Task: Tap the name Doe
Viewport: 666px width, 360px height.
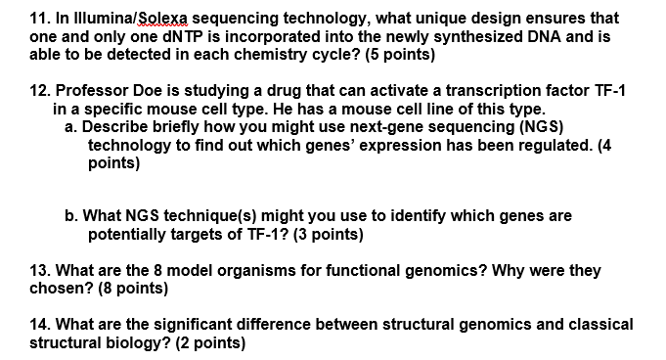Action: click(122, 89)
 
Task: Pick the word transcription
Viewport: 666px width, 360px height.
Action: click(489, 89)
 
